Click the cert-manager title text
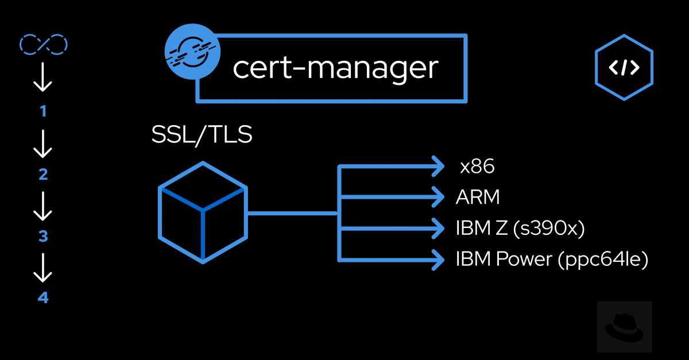[335, 68]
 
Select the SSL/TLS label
[202, 135]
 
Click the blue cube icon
[203, 212]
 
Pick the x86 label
[477, 167]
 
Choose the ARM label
[478, 198]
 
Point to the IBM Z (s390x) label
[520, 228]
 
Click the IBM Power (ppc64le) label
[552, 259]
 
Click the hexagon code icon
[624, 68]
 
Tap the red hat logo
[624, 327]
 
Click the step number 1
[43, 111]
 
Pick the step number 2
[43, 175]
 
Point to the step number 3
[43, 237]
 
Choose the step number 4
[43, 298]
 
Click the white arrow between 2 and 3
[43, 206]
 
